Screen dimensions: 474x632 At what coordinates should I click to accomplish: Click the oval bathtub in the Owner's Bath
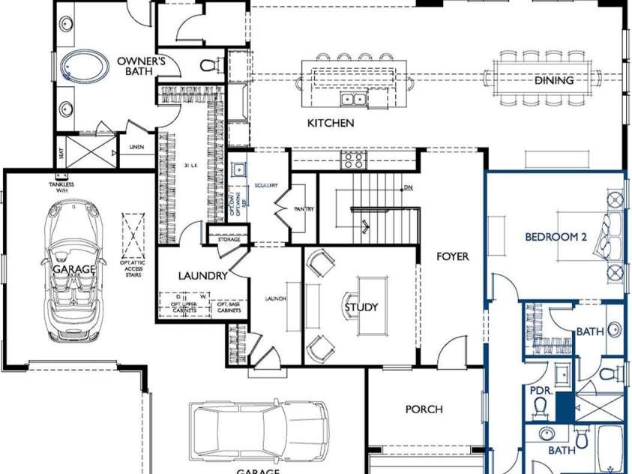pyautogui.click(x=83, y=65)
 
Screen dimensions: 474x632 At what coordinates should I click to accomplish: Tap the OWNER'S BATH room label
pyautogui.click(x=140, y=65)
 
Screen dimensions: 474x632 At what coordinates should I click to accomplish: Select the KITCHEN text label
pyautogui.click(x=331, y=123)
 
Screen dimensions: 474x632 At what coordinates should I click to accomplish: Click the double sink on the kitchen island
pyautogui.click(x=352, y=99)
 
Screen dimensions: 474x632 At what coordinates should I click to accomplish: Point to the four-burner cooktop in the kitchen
pyautogui.click(x=352, y=159)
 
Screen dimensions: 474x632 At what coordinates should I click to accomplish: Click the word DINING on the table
pyautogui.click(x=553, y=79)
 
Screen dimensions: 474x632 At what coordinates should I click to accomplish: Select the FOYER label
pyautogui.click(x=453, y=256)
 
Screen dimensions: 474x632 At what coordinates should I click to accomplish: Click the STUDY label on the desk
pyautogui.click(x=361, y=307)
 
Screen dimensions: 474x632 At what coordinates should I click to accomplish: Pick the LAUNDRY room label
pyautogui.click(x=202, y=275)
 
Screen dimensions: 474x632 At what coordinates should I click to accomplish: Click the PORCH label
pyautogui.click(x=424, y=409)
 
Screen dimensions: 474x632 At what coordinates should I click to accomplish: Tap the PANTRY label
pyautogui.click(x=304, y=209)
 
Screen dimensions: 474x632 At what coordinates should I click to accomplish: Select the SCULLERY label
pyautogui.click(x=266, y=185)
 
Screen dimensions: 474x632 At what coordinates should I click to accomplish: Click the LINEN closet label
pyautogui.click(x=136, y=147)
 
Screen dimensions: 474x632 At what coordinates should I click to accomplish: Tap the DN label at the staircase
pyautogui.click(x=408, y=188)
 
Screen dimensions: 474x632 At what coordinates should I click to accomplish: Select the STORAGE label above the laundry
pyautogui.click(x=229, y=239)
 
